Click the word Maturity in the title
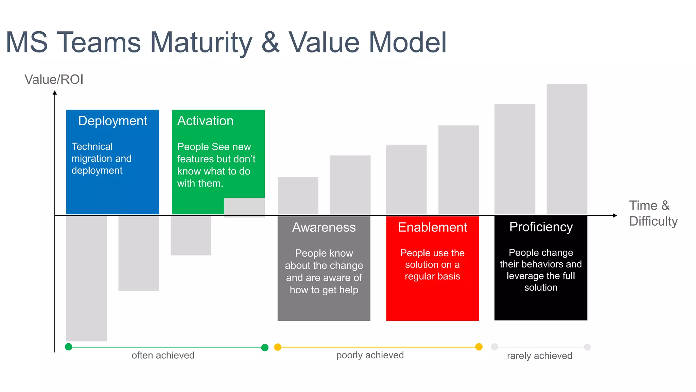click(201, 43)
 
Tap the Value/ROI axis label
click(54, 80)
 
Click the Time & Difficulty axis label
click(653, 213)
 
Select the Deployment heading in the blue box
click(112, 121)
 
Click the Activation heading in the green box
click(205, 121)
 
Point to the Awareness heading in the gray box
click(324, 227)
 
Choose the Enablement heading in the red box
click(432, 227)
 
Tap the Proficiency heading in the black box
click(541, 227)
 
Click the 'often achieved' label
click(163, 355)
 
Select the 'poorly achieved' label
click(370, 355)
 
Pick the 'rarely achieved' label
click(539, 356)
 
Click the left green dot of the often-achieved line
click(69, 347)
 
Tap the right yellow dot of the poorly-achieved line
click(479, 347)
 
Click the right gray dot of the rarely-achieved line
click(587, 347)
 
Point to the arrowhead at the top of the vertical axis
click(55, 93)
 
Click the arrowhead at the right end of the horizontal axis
click(615, 215)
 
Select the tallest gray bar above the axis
click(567, 149)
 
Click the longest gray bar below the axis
click(86, 278)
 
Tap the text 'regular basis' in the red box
click(432, 276)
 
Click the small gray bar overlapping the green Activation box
click(244, 207)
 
